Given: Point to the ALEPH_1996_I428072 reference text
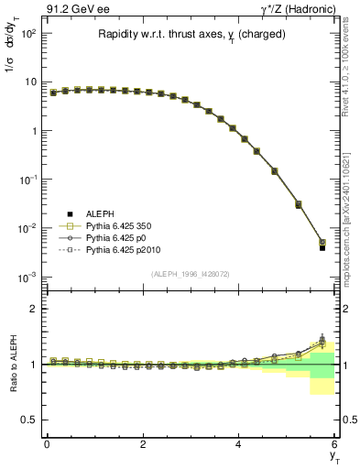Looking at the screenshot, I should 190,274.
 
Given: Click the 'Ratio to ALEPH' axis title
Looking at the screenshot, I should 13,364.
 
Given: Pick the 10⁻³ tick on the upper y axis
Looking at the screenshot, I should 29,277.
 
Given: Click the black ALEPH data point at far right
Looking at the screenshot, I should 322,247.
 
